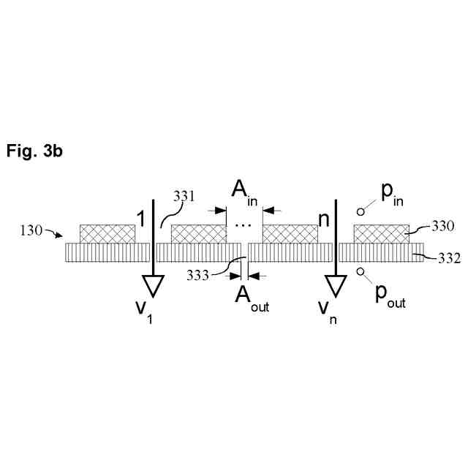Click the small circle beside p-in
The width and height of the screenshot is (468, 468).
(360, 211)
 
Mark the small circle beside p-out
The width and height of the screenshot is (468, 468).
(360, 271)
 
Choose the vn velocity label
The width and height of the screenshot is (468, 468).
(326, 311)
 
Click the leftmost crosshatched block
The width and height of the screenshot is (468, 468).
(107, 233)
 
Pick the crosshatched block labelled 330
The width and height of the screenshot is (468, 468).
(381, 233)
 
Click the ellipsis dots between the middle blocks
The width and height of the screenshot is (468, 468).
(243, 223)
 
